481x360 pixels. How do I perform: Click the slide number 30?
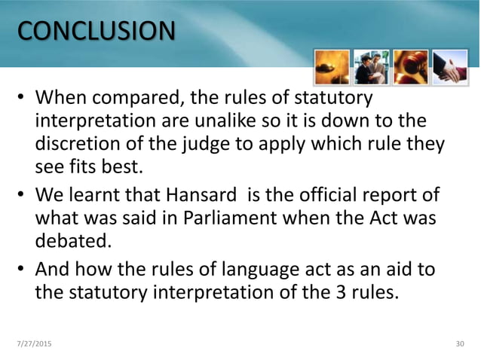point(460,343)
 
